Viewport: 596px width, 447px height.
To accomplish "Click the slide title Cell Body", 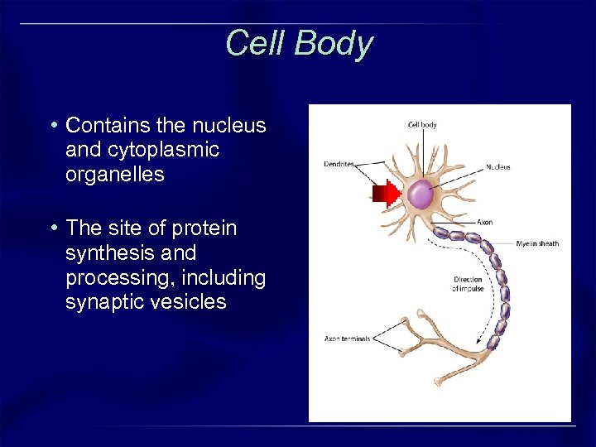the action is tap(299, 43).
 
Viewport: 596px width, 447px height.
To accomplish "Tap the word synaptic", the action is tap(104, 302).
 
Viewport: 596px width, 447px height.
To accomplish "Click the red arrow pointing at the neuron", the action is tap(386, 195).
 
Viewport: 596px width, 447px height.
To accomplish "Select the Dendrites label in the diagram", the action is tap(339, 164).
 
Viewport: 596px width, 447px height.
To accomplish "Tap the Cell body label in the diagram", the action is tap(422, 125).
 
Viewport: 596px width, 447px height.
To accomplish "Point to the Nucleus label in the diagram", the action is tap(498, 167).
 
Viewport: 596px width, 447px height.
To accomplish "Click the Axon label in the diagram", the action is tap(485, 222).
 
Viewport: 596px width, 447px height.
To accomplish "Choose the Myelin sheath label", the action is tap(537, 243).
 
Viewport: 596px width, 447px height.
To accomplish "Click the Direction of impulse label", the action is tap(468, 284).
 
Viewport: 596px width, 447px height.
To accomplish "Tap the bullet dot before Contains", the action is tap(54, 126).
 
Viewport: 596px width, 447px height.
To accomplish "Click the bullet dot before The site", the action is tap(54, 228).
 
